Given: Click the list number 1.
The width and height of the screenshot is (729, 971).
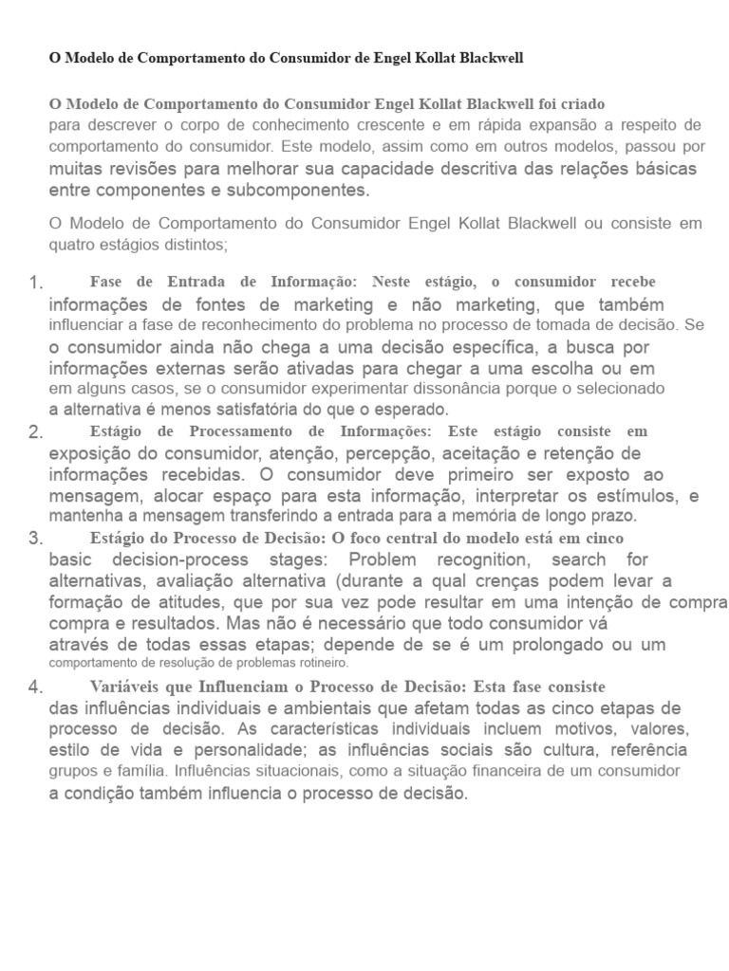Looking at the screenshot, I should [36, 284].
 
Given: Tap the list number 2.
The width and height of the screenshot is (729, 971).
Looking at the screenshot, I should [36, 432].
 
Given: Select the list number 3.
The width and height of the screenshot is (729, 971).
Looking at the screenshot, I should [36, 539].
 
